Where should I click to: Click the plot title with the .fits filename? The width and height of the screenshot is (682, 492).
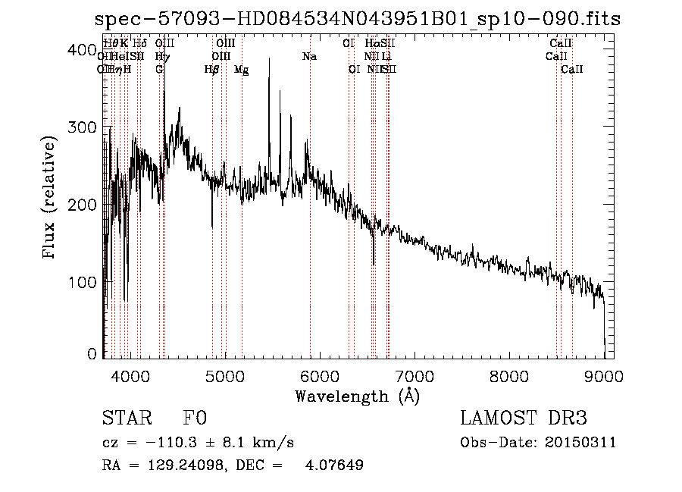358,19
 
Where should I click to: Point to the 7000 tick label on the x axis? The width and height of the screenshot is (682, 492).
414,376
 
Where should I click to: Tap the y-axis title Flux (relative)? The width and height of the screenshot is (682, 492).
51,199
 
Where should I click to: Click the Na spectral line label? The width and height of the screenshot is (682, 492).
308,56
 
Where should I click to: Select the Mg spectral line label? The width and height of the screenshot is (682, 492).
241,70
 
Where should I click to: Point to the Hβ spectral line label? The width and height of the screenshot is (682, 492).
212,70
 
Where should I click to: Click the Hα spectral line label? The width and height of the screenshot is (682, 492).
371,44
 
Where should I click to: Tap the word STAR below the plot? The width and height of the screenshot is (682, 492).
125,419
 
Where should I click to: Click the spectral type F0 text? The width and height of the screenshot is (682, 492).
195,419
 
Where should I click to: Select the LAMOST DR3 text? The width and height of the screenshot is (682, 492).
524,419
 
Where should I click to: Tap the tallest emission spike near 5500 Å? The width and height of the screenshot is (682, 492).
269,80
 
